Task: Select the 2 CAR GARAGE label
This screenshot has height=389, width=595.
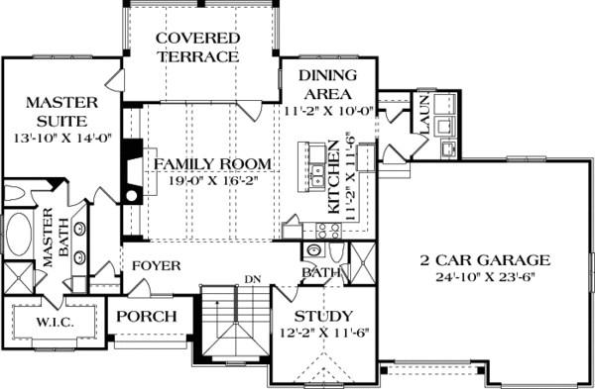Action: [483, 260]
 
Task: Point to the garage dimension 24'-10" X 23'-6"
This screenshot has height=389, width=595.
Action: [483, 278]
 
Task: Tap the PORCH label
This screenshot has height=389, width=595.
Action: [146, 317]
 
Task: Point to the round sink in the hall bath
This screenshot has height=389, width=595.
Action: [313, 251]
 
